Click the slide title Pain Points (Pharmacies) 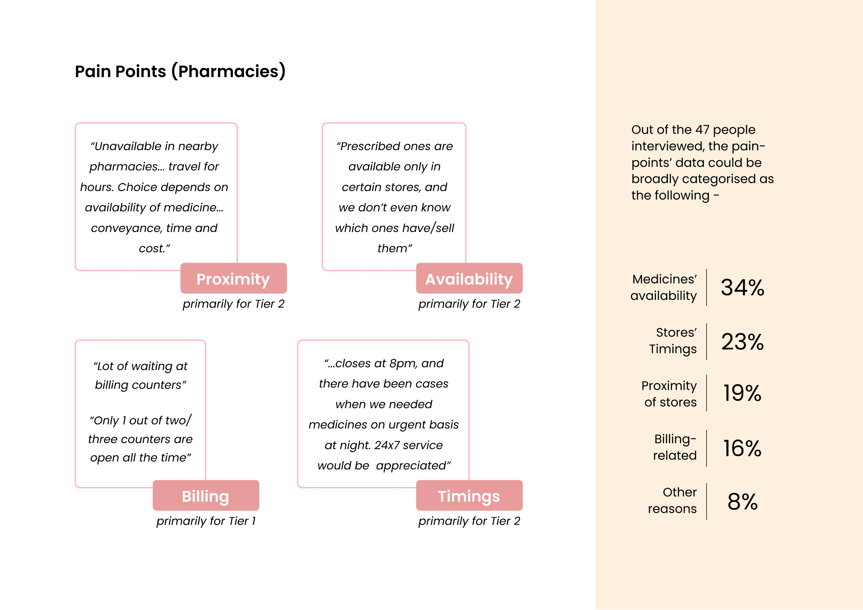pos(180,71)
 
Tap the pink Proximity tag pos(233,278)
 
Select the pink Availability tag pos(469,278)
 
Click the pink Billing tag pos(206,495)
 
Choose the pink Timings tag pos(469,495)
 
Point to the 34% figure pos(742,288)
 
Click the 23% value pos(742,342)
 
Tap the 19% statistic pos(742,393)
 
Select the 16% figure pos(742,448)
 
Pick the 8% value pos(742,501)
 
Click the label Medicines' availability pos(664,287)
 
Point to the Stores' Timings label pos(673,341)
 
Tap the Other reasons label pos(672,500)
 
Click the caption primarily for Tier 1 pos(206,521)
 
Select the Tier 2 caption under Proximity pos(233,304)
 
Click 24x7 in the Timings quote pos(387,445)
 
